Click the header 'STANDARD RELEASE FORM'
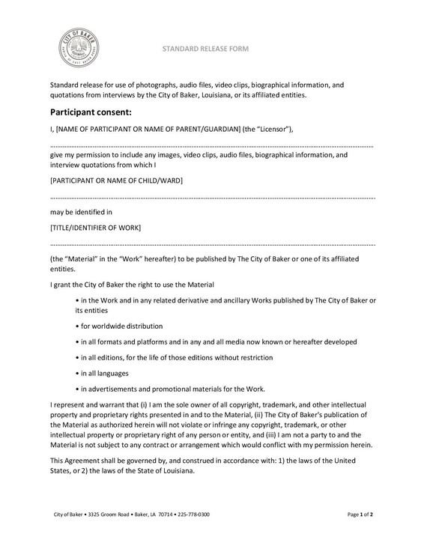pos(206,49)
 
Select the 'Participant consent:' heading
pos(91,112)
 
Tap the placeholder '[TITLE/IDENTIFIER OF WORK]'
pos(95,227)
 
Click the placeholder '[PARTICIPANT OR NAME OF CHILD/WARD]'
pos(116,181)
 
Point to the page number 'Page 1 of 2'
pos(360,515)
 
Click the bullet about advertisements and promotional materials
pos(172,389)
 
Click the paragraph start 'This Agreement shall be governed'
pos(105,459)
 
